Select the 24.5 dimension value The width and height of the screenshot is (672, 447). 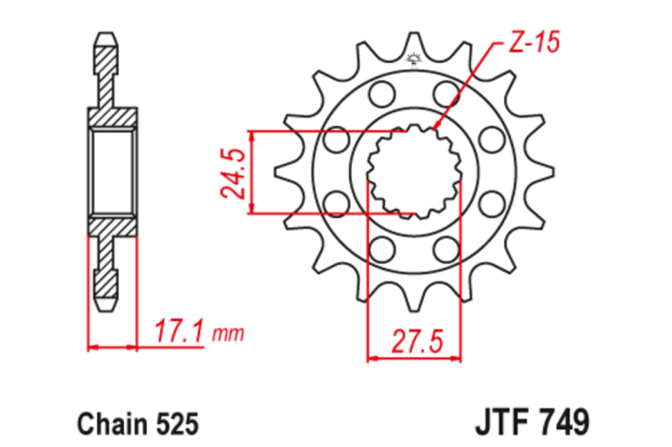[234, 173]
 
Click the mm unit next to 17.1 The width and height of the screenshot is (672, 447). [229, 335]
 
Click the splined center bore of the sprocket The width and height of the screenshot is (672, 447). [414, 173]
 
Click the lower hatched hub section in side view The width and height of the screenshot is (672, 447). [112, 225]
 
